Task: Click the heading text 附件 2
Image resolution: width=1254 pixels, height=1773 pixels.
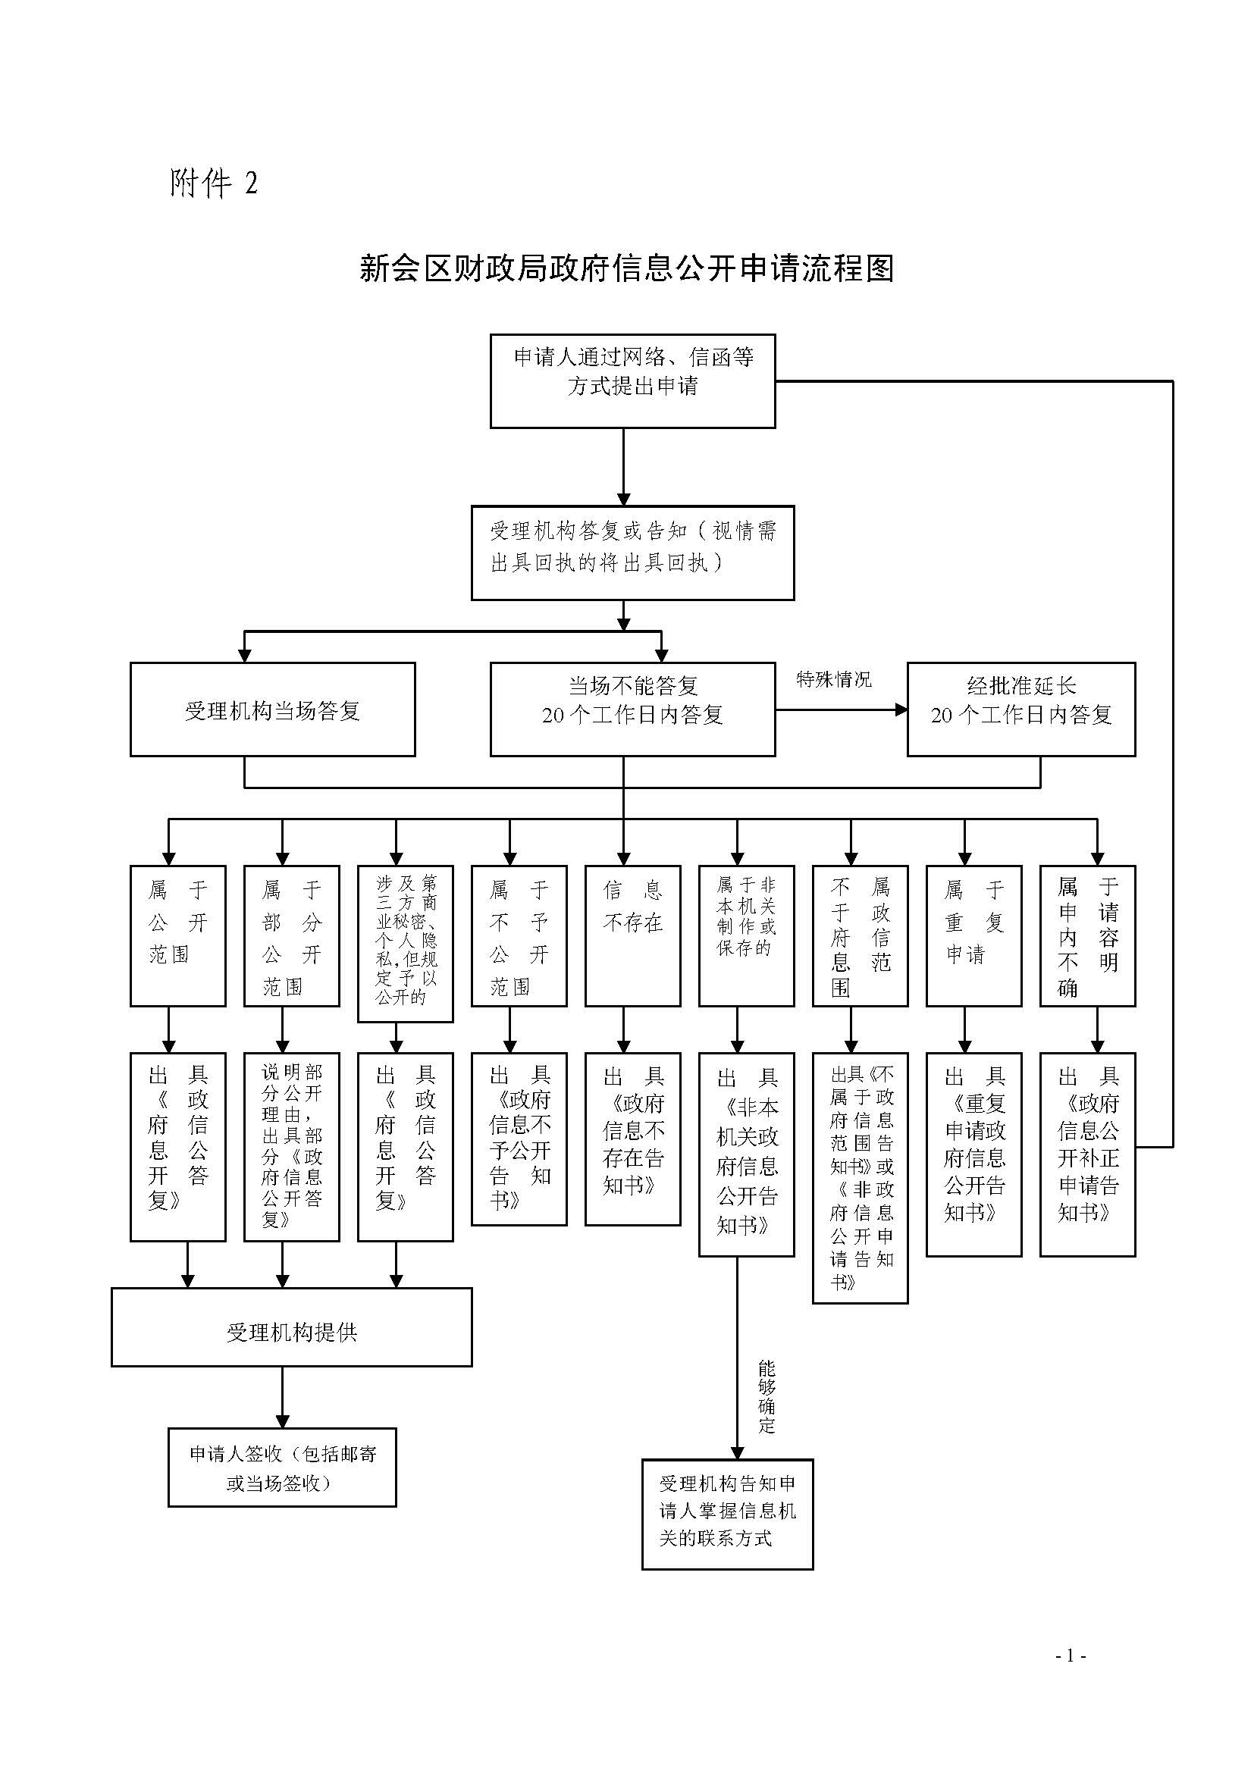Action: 213,183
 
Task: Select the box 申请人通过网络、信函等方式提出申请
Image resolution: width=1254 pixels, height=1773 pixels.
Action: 632,381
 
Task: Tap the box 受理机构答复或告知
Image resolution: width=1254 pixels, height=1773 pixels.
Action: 632,552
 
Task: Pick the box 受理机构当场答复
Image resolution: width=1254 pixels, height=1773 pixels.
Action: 273,709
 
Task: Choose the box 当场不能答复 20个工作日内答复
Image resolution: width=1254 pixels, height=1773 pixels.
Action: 632,709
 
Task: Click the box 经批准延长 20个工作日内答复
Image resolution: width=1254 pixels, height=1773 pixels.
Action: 1020,709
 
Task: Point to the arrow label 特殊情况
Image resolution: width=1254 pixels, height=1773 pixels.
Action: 834,679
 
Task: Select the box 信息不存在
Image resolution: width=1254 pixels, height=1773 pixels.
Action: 632,935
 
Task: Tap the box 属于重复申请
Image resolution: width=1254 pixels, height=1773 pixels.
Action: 973,935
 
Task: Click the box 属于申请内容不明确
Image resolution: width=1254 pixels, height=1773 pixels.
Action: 1087,935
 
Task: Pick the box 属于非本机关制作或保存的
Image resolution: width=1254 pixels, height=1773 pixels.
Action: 746,935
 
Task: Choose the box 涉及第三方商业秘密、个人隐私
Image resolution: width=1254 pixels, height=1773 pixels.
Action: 406,943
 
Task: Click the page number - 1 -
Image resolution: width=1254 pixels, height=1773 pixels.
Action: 1071,1677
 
